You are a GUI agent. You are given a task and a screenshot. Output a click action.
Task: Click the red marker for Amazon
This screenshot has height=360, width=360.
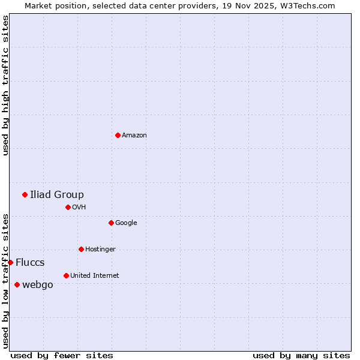coord(118,135)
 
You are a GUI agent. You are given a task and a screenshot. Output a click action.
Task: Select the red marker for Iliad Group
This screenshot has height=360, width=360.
coord(25,194)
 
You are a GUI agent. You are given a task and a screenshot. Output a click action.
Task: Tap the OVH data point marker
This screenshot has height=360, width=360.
coord(68,207)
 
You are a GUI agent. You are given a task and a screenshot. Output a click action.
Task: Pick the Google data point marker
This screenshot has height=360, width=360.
coord(111,223)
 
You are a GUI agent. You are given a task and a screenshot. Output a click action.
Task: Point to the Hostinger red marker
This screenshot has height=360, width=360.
coord(81,249)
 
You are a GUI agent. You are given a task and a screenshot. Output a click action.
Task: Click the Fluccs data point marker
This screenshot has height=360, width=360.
coord(10,262)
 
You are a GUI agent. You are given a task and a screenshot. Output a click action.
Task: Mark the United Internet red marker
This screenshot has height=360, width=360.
coord(66,275)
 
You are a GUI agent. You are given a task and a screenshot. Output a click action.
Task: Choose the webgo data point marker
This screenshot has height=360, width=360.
coord(17,284)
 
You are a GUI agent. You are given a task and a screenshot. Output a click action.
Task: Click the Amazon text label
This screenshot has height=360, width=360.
coord(134,136)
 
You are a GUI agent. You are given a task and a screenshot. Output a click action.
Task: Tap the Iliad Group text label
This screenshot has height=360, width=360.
coord(57,194)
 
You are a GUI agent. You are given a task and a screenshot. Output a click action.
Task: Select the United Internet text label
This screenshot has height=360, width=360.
coord(95,276)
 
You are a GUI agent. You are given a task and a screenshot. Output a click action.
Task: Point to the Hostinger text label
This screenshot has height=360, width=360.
coord(100,250)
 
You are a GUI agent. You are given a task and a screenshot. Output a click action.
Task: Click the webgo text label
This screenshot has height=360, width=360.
coord(38,285)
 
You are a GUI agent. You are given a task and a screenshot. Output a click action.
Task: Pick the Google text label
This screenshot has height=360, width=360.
coord(126,223)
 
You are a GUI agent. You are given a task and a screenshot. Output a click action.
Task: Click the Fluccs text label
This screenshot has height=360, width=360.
coord(30,263)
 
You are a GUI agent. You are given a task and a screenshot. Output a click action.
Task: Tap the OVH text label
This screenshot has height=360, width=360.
coord(79,208)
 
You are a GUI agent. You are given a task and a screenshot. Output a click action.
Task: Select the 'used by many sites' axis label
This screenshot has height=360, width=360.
coord(301,355)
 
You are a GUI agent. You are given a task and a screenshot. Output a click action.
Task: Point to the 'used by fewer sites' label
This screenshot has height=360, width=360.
coord(62,355)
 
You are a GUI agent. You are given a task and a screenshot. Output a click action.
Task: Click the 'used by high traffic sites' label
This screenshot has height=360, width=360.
coord(5,85)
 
